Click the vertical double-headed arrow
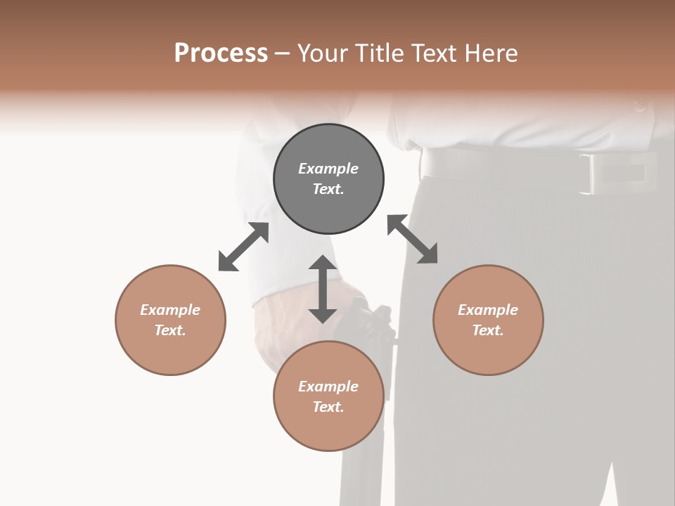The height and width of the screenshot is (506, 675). [323, 289]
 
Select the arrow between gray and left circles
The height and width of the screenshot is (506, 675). [243, 247]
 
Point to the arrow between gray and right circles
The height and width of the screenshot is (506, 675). [412, 239]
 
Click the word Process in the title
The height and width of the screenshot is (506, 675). [221, 53]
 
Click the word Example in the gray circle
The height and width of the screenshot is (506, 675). [328, 169]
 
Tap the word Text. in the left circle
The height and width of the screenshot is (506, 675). [170, 330]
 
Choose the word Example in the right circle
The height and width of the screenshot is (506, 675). [488, 310]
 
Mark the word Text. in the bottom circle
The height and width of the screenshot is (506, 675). [328, 407]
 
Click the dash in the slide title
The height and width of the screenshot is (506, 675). [282, 53]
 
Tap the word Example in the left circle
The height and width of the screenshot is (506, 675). [170, 310]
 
